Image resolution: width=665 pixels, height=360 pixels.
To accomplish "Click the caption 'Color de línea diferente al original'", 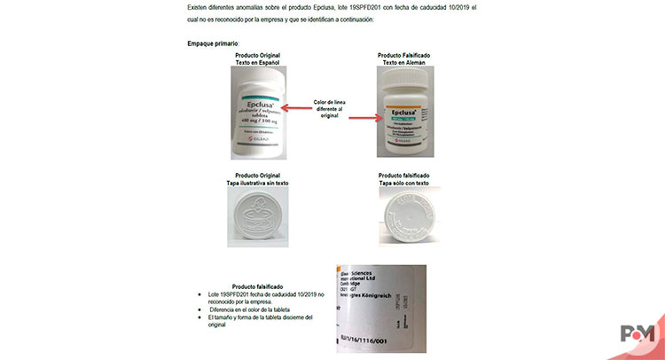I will point(332,107).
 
